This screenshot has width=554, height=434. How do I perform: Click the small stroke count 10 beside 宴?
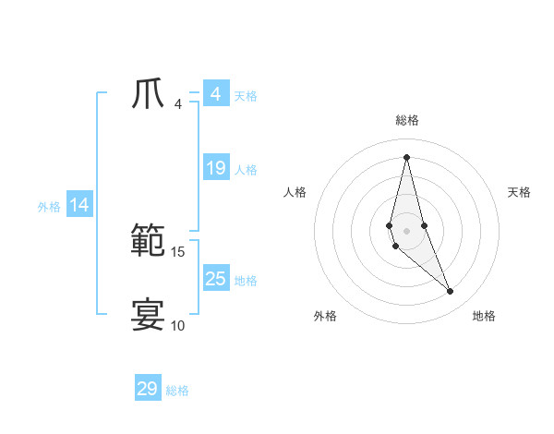pyautogui.click(x=178, y=325)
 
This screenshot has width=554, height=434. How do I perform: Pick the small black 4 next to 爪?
pyautogui.click(x=178, y=103)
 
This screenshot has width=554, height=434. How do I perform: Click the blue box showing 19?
pyautogui.click(x=216, y=168)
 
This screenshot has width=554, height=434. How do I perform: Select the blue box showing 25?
pyautogui.click(x=216, y=278)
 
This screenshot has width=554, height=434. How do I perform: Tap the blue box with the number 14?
pyautogui.click(x=79, y=206)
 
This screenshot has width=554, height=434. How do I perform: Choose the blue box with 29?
pyautogui.click(x=148, y=389)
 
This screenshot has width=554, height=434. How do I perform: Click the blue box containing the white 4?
pyautogui.click(x=216, y=94)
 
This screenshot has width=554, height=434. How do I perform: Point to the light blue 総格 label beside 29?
pyautogui.click(x=177, y=391)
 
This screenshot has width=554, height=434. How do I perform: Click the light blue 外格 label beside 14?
pyautogui.click(x=49, y=207)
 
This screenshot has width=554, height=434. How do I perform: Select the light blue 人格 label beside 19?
pyautogui.click(x=246, y=170)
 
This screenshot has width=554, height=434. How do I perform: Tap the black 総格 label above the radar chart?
pyautogui.click(x=407, y=120)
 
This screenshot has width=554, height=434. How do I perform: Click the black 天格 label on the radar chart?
pyautogui.click(x=520, y=192)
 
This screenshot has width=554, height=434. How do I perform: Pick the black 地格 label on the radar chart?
pyautogui.click(x=484, y=317)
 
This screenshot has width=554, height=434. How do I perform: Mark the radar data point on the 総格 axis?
pyautogui.click(x=407, y=156)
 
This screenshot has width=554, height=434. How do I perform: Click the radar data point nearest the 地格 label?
pyautogui.click(x=451, y=292)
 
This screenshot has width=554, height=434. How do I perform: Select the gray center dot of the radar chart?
pyautogui.click(x=407, y=231)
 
